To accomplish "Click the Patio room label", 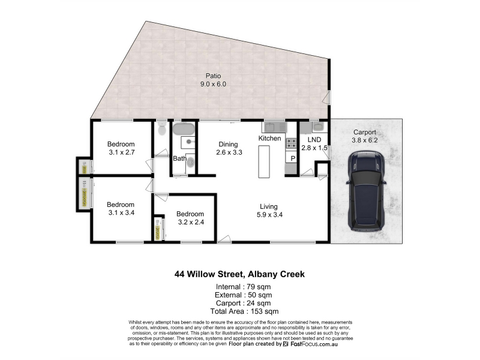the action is tap(213, 76).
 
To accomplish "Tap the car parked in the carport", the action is tap(366, 191).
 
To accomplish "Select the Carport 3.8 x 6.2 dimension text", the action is tap(365, 140).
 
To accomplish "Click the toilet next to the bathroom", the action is tap(162, 128).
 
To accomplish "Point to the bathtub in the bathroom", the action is tap(184, 129).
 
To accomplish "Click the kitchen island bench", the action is tap(264, 161).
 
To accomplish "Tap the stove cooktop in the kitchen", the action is tap(291, 143).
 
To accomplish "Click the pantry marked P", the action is tap(293, 158).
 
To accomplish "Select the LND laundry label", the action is tap(314, 140).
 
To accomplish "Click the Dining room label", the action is tap(228, 144).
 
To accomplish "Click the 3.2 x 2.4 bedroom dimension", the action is tap(191, 222).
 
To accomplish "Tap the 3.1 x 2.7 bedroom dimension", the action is tap(122, 152).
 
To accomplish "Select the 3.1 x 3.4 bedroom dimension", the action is tap(121, 212).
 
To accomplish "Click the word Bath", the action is tap(179, 158).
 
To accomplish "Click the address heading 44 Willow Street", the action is tap(209, 274).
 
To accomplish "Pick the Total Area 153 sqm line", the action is tap(244, 311).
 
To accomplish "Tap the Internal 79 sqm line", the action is tap(243, 287).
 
